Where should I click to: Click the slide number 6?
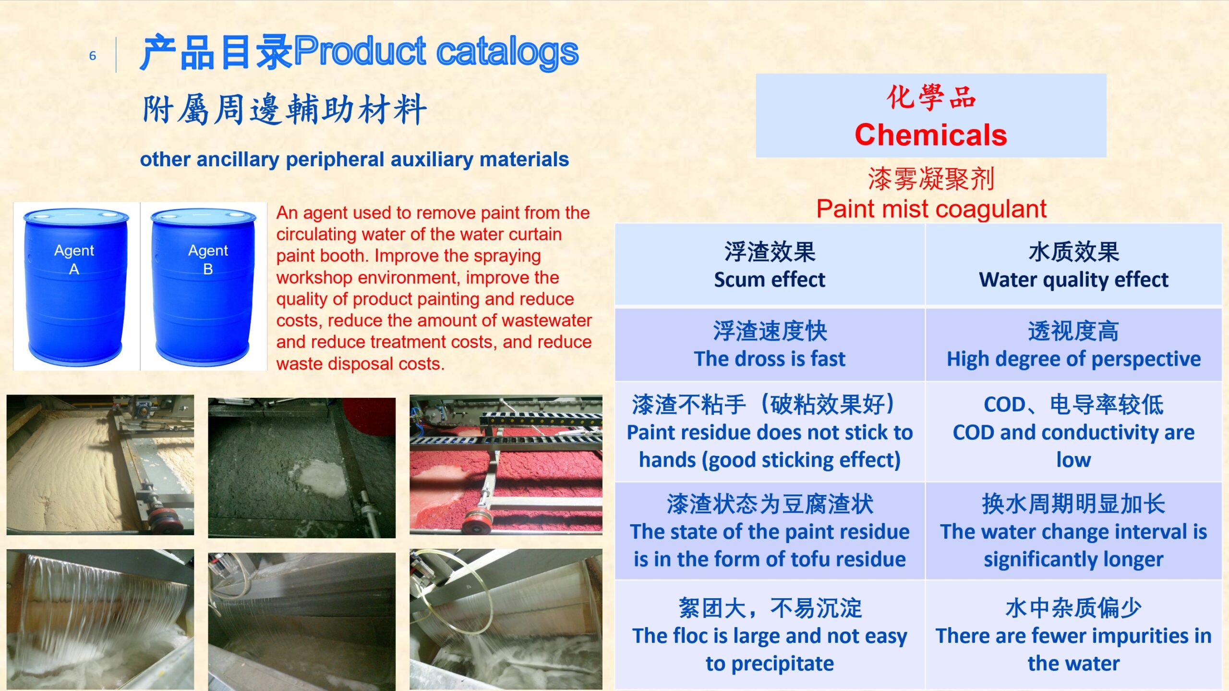tap(93, 56)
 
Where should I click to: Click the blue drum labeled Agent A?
tap(76, 286)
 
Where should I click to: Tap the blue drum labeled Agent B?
tap(204, 286)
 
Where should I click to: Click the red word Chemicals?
tap(930, 135)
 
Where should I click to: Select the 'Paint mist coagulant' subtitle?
tap(931, 209)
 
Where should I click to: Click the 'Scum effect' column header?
tap(770, 265)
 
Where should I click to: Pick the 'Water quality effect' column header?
tap(1073, 265)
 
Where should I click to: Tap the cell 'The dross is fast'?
tap(770, 345)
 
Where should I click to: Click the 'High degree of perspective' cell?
tap(1073, 345)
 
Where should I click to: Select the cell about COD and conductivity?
tap(1073, 432)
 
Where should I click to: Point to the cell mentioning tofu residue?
tap(770, 531)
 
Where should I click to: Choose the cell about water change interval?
tap(1073, 531)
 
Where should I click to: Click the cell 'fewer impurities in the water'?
tap(1073, 634)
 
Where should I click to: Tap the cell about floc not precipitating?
tap(770, 634)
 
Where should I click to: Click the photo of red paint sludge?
tap(506, 465)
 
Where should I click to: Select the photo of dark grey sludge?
tap(301, 467)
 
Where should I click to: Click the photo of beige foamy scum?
tap(100, 465)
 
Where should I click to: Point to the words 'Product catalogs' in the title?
tap(436, 51)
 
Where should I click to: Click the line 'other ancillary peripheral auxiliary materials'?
tap(354, 160)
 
